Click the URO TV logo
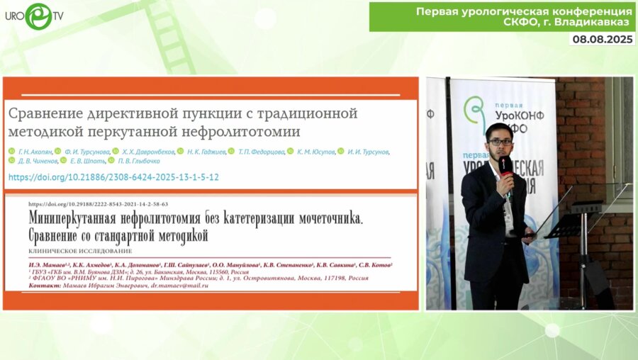click(35, 15)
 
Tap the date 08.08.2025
click(602, 40)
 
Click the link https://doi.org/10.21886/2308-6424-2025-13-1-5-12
click(113, 176)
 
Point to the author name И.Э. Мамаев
click(49, 264)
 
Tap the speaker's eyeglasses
click(501, 142)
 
